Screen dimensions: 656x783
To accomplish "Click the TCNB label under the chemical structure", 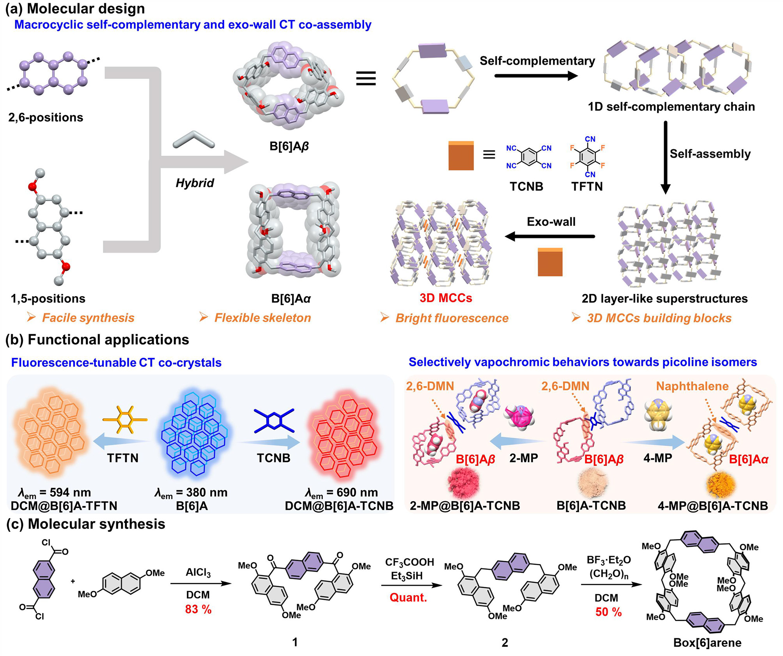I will tap(526, 187).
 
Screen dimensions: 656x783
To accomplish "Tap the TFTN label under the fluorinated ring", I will tap(587, 187).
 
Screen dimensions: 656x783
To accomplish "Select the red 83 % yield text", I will tap(198, 609).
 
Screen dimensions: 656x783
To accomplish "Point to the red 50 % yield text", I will tap(608, 612).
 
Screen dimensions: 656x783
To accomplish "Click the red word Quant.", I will tap(408, 597).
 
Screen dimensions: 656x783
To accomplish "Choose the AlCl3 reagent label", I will tap(198, 572).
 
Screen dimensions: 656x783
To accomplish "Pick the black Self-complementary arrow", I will tap(536, 76).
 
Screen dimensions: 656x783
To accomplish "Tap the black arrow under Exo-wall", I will tap(550, 236).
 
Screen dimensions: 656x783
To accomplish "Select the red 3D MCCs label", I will tap(446, 298).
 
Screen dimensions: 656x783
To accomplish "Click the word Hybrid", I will tap(195, 183).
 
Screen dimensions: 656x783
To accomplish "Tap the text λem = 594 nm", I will tap(54, 493).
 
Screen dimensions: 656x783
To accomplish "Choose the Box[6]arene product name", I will tap(707, 642).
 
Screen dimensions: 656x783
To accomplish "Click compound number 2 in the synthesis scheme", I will tap(505, 642).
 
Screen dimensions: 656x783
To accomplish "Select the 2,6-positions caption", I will tap(46, 117).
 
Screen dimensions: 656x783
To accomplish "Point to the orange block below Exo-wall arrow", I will tap(550, 262).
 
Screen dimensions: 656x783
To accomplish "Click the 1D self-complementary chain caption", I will tap(671, 107).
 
